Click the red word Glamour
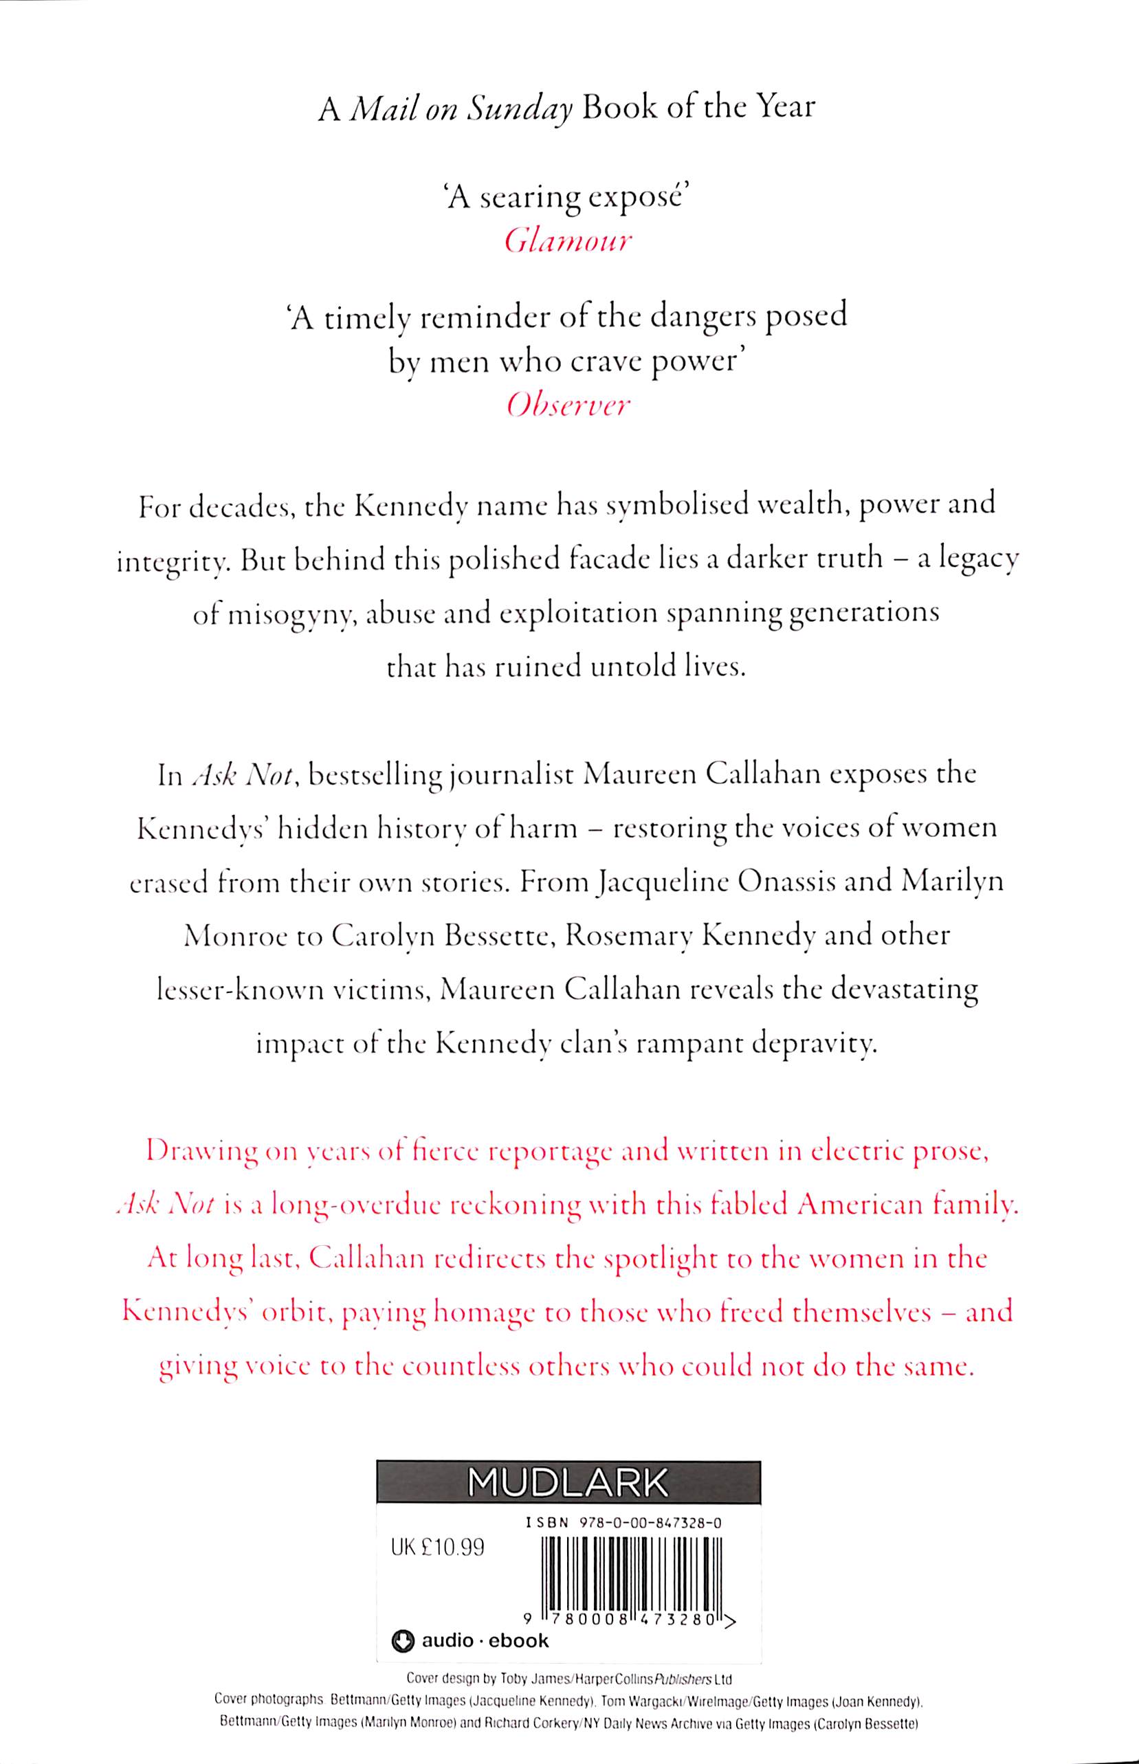tap(568, 241)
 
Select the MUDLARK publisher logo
tap(568, 1482)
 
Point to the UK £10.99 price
tap(437, 1548)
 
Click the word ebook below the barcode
tap(518, 1640)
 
